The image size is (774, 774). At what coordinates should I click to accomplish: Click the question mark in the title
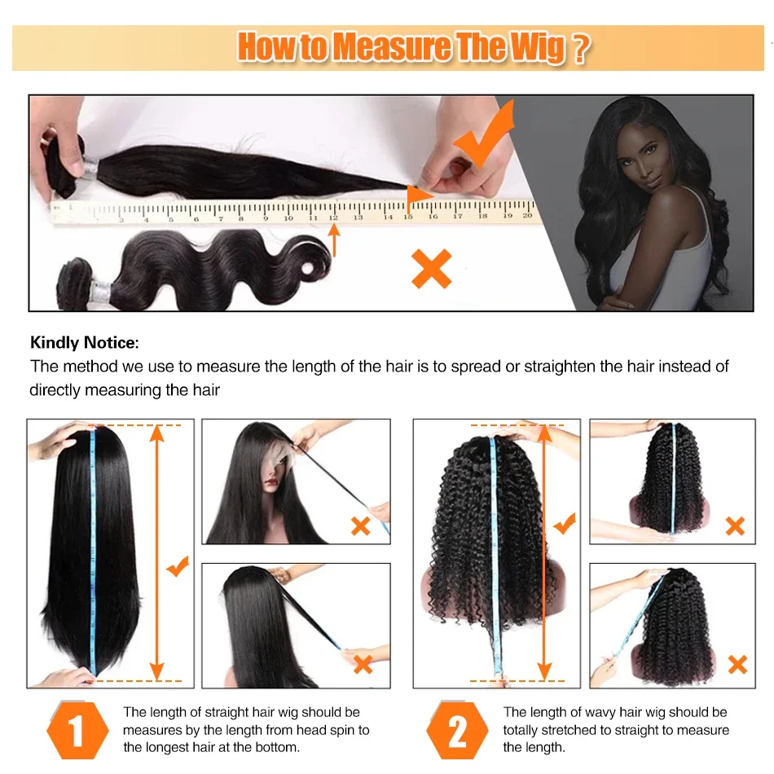[581, 48]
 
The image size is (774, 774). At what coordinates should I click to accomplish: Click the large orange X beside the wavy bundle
[432, 268]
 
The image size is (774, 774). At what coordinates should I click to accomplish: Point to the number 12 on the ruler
[333, 218]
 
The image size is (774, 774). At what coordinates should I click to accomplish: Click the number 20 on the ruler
[527, 215]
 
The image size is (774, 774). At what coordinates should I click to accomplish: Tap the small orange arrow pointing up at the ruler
[334, 240]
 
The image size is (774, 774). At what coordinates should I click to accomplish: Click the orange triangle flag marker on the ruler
[419, 194]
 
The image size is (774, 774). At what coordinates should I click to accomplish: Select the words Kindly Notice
[85, 342]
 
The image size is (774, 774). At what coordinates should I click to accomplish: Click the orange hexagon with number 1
[77, 730]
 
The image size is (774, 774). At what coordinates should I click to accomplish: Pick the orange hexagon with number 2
[457, 730]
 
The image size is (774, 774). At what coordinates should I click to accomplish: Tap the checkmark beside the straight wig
[178, 566]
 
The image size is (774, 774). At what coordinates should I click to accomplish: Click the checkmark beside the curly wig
[565, 523]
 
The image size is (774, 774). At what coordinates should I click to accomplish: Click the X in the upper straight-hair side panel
[361, 526]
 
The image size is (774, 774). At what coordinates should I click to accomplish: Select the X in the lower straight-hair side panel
[363, 664]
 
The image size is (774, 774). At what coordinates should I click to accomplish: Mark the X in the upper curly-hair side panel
[736, 526]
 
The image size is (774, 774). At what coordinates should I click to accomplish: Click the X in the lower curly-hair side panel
[737, 664]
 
